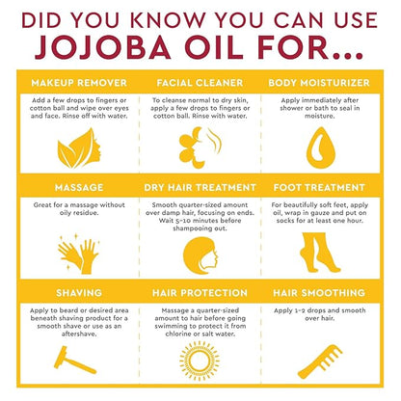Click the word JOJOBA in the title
point(102,47)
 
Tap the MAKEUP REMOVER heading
point(79,83)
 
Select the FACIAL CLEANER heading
point(200,83)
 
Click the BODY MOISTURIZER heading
point(319,83)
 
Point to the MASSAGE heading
point(79,188)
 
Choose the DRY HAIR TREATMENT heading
point(200,188)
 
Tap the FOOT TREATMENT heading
point(319,188)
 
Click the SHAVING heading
point(79,293)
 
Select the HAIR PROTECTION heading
point(200,293)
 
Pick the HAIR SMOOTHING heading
point(319,293)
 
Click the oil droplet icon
point(320,147)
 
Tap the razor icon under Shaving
point(75,361)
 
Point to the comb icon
point(320,361)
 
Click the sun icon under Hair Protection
point(200,361)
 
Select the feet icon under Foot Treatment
point(320,253)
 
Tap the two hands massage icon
point(79,254)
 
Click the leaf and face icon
point(79,148)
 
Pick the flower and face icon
point(200,147)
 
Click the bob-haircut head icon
point(200,255)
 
